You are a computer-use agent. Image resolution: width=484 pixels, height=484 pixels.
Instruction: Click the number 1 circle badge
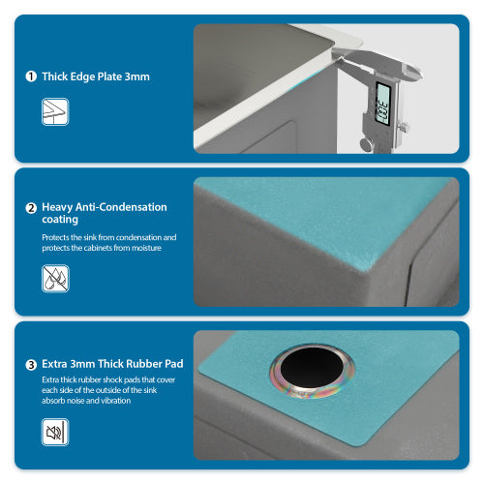click(x=31, y=76)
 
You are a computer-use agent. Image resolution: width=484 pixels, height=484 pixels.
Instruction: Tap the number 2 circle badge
click(x=31, y=207)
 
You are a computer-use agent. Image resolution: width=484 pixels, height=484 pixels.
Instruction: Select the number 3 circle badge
click(x=31, y=365)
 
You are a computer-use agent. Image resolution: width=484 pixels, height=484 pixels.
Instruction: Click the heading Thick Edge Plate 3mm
click(x=96, y=76)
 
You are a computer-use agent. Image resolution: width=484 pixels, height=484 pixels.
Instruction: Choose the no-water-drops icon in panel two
click(x=55, y=279)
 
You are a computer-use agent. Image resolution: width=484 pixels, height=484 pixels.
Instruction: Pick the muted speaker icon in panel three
click(x=55, y=431)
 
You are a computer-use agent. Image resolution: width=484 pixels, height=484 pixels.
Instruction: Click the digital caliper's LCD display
click(x=382, y=104)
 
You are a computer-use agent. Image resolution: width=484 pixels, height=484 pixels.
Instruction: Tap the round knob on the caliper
click(x=366, y=144)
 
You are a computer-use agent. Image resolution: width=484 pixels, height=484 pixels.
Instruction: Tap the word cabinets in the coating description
click(x=102, y=248)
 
